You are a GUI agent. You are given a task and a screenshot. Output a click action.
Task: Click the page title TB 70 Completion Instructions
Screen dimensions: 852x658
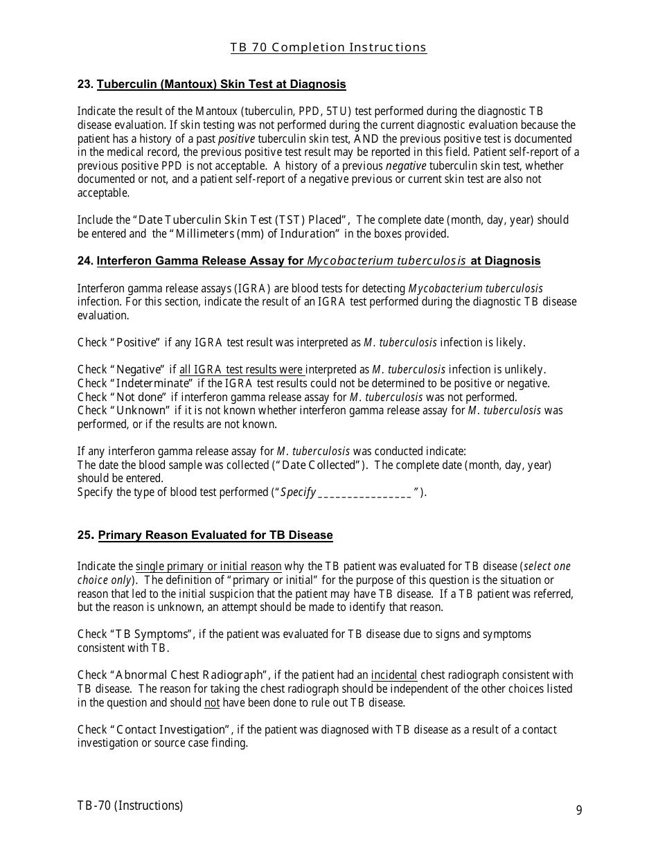point(328,48)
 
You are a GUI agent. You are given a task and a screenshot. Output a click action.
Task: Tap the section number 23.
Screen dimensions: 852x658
point(85,85)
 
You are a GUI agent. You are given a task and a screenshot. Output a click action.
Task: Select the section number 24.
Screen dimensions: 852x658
point(85,261)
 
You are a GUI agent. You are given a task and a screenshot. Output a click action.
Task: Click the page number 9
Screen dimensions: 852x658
point(579,810)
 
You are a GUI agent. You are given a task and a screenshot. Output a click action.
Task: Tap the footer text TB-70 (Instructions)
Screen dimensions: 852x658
point(130,806)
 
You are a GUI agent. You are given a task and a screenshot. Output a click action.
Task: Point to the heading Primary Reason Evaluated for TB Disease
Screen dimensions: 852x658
point(215,535)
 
